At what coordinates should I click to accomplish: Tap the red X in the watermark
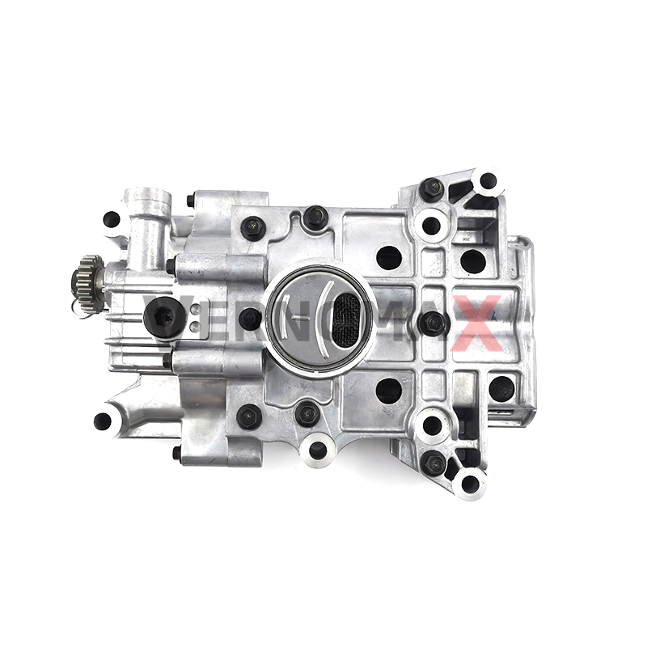pos(478,322)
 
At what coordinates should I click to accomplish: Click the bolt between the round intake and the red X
pos(433,323)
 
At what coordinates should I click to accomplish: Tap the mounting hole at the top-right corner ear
pos(488,182)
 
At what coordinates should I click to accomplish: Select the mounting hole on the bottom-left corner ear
pos(103,421)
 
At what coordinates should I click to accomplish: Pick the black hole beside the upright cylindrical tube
pos(112,218)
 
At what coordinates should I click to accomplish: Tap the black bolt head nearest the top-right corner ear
pos(432,189)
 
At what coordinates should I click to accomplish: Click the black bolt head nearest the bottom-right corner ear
pos(433,463)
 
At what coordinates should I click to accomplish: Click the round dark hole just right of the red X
pos(501,387)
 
